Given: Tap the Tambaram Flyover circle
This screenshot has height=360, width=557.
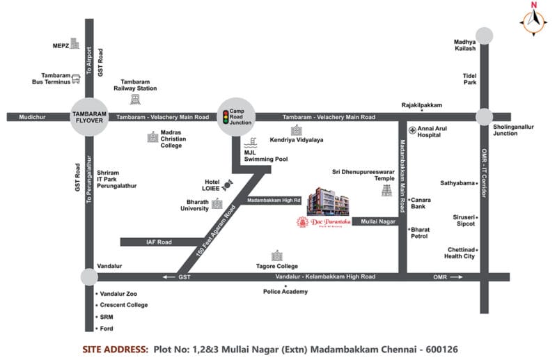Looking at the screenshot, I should (88, 117).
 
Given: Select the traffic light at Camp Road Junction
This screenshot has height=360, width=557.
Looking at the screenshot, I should (224, 116).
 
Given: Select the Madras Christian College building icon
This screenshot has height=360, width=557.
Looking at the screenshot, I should (152, 137).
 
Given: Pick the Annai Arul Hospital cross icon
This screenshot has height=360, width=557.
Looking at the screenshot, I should (413, 130).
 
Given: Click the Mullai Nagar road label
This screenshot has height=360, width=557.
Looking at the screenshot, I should (379, 221).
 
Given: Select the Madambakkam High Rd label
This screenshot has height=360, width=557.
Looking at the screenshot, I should (274, 201).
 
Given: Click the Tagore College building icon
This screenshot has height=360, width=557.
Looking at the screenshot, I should (276, 256).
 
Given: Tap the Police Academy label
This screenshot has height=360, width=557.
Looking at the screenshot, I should (285, 291).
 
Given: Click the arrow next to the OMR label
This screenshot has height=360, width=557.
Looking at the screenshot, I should (457, 276).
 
